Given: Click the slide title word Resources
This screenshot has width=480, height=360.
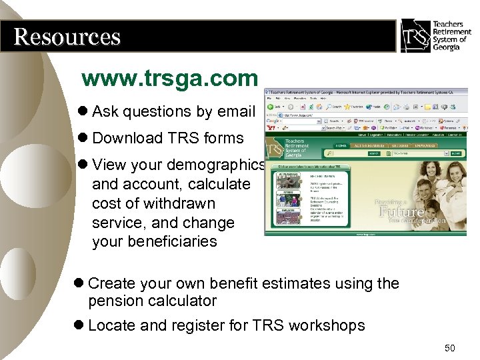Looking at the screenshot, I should coord(67,36).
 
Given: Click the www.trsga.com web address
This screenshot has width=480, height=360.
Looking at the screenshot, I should coord(169,79).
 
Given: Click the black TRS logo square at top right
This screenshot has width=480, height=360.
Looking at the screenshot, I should coord(414,35).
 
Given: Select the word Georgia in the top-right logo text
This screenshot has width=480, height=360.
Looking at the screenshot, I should coord(446,47).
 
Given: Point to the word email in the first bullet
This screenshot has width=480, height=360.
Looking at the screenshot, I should coord(234,111).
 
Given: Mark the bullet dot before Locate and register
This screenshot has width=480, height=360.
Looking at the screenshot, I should coord(79,325).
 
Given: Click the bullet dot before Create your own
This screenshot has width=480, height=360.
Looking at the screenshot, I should coord(79,283).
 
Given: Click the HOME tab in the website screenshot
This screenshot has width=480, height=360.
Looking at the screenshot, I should coord(341,145).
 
